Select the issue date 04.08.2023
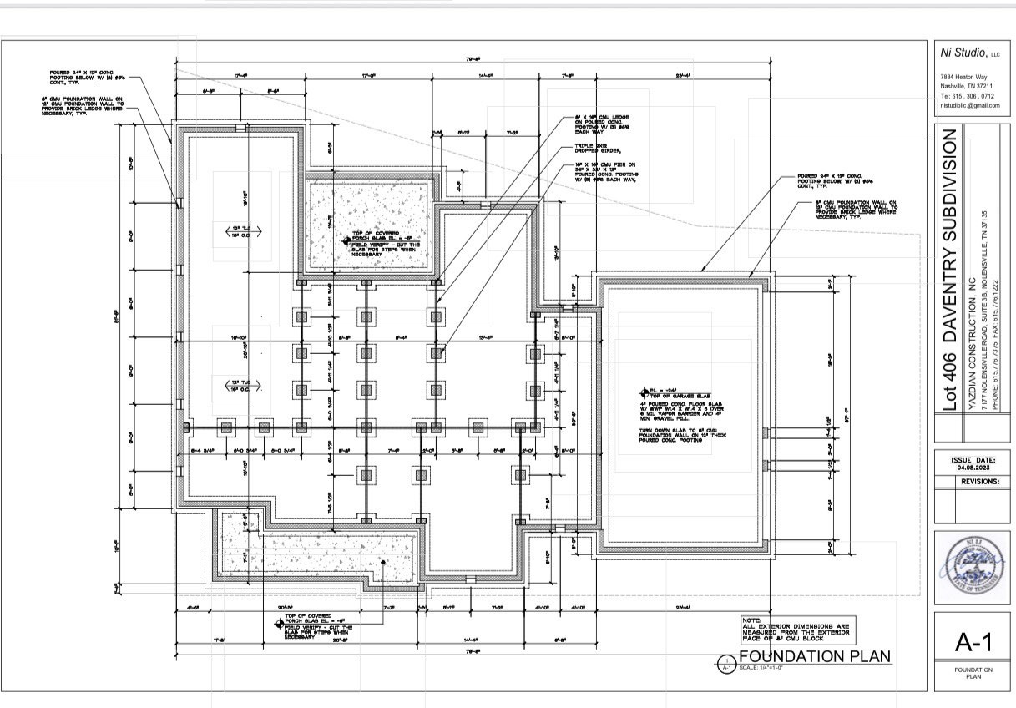tap(973, 468)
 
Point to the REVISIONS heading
tap(978, 482)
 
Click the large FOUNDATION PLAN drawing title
tap(815, 656)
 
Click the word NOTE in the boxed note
tap(751, 620)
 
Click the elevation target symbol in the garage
tap(644, 392)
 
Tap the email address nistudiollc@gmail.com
tap(968, 105)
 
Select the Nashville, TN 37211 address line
tap(963, 86)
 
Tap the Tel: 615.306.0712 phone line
tap(963, 95)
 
